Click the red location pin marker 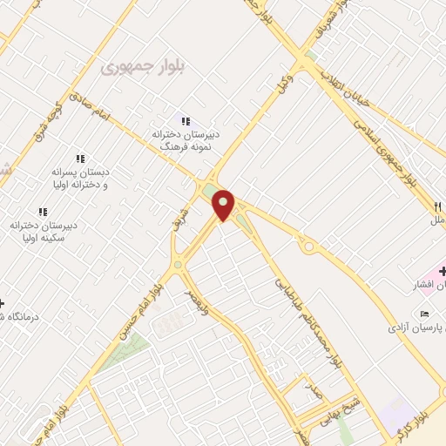tap(224, 206)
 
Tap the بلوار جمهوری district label tap(138, 65)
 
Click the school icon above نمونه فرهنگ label tap(185, 120)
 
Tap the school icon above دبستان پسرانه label tap(81, 159)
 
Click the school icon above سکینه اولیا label tap(43, 212)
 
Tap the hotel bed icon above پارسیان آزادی tap(425, 314)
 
